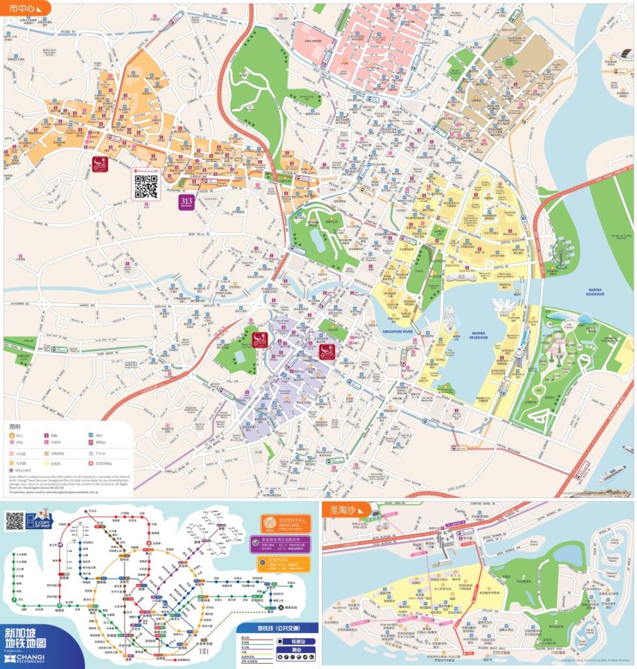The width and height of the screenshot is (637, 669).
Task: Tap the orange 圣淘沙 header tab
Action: pos(346,509)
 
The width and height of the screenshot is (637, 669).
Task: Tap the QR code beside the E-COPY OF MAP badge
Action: pos(15,521)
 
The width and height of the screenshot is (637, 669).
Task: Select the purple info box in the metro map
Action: pos(286,544)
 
